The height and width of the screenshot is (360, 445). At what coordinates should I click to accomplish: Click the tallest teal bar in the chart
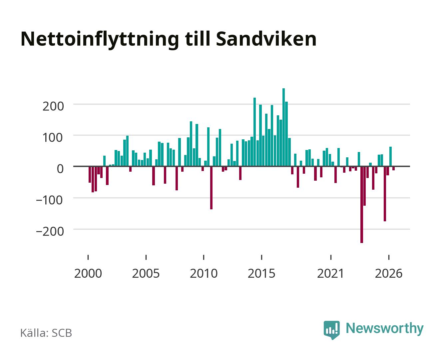point(283,127)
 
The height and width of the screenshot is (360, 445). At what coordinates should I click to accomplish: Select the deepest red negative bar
point(362,205)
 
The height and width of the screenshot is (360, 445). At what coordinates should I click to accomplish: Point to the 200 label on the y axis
point(53,106)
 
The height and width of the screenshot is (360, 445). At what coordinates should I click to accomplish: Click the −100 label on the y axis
point(49,200)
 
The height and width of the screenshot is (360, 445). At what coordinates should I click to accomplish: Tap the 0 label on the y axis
point(60,169)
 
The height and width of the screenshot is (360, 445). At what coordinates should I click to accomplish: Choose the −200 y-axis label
point(50,231)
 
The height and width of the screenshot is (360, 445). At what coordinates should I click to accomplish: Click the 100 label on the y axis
point(52,138)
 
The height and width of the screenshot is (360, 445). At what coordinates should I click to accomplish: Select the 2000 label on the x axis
point(88,273)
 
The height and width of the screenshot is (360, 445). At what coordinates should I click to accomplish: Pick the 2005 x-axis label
point(146,273)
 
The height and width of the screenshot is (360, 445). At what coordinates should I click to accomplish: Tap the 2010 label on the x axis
point(204,273)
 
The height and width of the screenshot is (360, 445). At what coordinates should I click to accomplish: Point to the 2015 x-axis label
point(261,273)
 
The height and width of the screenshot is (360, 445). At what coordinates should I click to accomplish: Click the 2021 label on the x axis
point(330,273)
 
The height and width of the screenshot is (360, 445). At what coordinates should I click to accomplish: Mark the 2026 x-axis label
point(389,273)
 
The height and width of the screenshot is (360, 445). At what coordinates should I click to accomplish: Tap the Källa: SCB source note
point(46,333)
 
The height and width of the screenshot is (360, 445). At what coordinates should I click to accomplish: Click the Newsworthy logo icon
point(331,330)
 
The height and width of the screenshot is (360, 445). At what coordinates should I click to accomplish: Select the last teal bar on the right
point(390,157)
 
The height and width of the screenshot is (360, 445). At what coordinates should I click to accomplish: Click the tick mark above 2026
point(389,257)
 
